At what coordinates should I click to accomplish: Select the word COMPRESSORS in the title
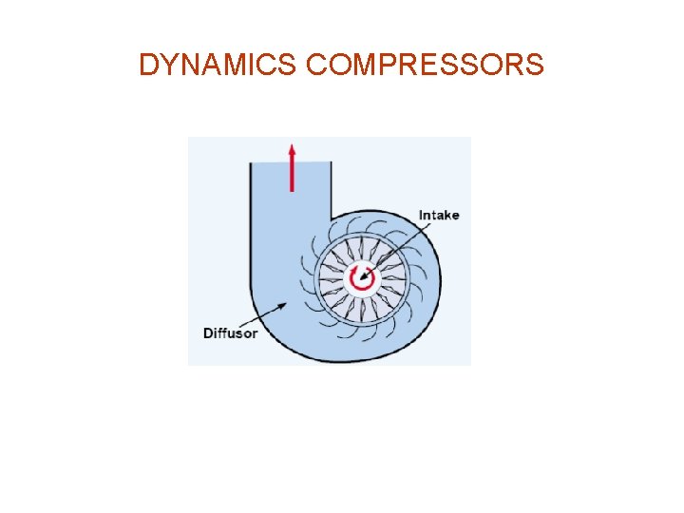click(427, 65)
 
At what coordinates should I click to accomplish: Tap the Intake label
click(438, 215)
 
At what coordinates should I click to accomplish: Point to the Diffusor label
click(230, 332)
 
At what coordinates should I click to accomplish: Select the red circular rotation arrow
click(361, 277)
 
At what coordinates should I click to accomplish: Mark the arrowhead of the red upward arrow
click(292, 150)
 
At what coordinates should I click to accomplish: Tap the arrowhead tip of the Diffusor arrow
click(288, 302)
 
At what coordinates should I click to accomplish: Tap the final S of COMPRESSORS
click(534, 65)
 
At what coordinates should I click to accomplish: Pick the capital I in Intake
click(421, 215)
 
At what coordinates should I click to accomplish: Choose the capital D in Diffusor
click(208, 332)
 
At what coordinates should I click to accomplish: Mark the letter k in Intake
click(446, 215)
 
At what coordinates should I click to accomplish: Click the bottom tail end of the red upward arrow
click(292, 189)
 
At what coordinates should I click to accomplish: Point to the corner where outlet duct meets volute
click(332, 217)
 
